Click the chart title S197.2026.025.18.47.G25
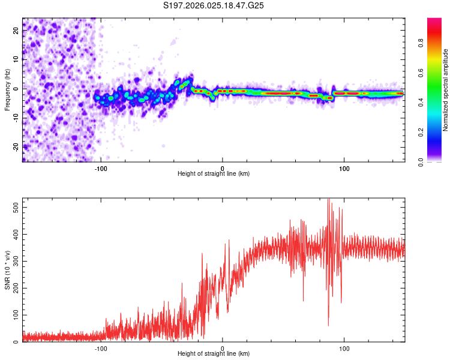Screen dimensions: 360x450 [214, 6]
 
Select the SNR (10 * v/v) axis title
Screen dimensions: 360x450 [7, 270]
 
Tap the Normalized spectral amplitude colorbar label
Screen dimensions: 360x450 [446, 90]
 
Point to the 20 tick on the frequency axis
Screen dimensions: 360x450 [16, 31]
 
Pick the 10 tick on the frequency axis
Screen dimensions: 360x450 [16, 60]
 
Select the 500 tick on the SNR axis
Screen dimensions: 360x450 [14, 206]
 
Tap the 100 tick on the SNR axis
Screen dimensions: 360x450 [14, 314]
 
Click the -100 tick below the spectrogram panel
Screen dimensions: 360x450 [101, 169]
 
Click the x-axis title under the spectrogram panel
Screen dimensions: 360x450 [214, 174]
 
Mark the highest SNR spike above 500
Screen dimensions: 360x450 [328, 200]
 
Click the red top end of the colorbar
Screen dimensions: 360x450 [434, 21]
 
